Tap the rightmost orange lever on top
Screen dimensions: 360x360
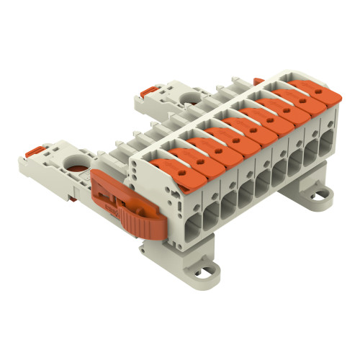[x=315, y=102]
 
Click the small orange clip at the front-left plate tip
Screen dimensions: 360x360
[x=34, y=150]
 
